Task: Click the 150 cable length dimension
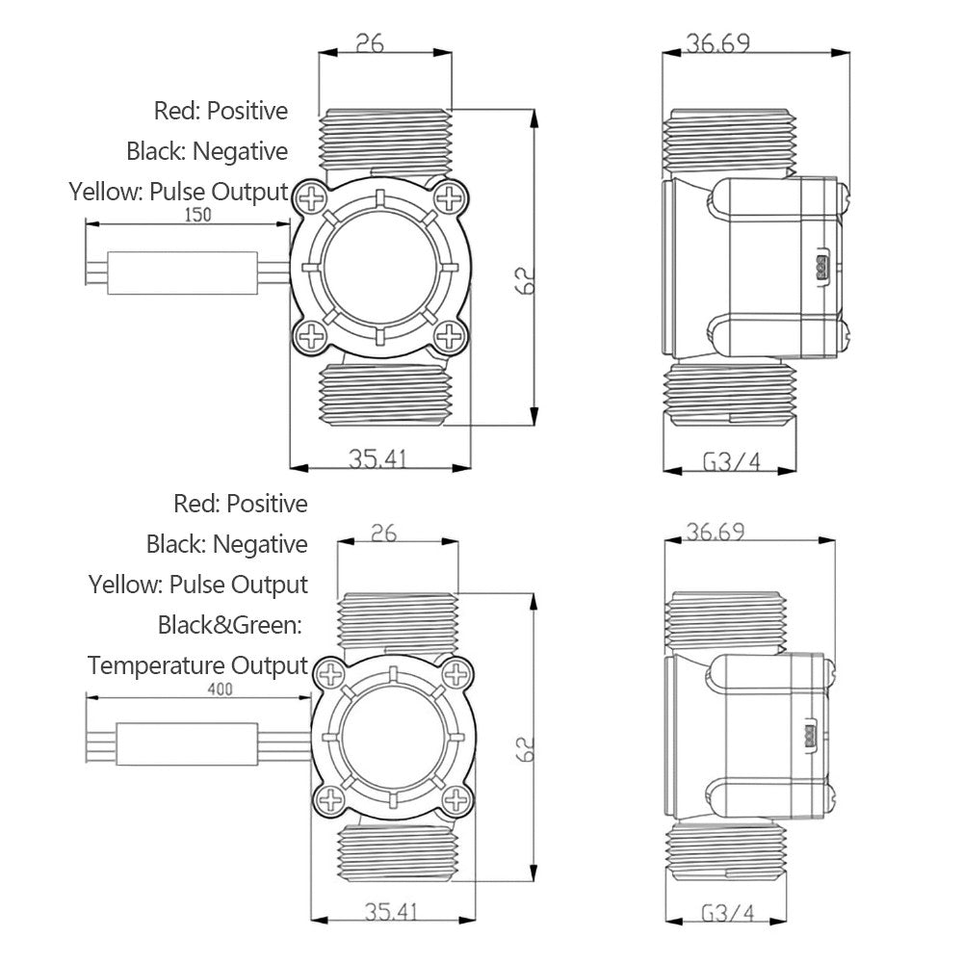tap(196, 215)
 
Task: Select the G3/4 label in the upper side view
tap(732, 462)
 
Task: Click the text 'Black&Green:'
tap(230, 625)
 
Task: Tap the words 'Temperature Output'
tap(197, 665)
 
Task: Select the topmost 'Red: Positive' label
tap(221, 111)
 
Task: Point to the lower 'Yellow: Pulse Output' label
tap(197, 585)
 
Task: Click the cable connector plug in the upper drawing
tap(182, 272)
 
